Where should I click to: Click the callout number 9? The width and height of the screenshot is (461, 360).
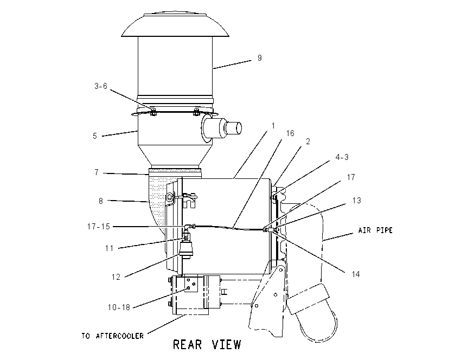pyautogui.click(x=259, y=58)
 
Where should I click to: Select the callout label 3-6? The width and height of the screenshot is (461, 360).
pyautogui.click(x=100, y=86)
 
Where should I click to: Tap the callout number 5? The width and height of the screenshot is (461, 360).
pyautogui.click(x=95, y=136)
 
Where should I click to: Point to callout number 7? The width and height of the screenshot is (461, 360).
pyautogui.click(x=97, y=172)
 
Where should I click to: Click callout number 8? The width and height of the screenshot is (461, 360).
pyautogui.click(x=100, y=201)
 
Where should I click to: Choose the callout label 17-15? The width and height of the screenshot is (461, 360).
pyautogui.click(x=99, y=227)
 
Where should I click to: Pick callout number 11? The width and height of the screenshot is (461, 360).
pyautogui.click(x=110, y=248)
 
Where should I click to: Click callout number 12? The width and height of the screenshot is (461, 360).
pyautogui.click(x=116, y=277)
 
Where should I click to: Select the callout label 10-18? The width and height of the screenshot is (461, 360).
pyautogui.click(x=119, y=307)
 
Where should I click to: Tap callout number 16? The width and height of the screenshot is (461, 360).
pyautogui.click(x=290, y=133)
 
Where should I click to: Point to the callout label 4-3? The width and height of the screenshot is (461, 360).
pyautogui.click(x=342, y=157)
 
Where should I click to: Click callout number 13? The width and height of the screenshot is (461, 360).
pyautogui.click(x=357, y=201)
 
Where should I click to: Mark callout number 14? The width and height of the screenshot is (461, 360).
pyautogui.click(x=356, y=274)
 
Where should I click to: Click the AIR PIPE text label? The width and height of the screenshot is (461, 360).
pyautogui.click(x=375, y=230)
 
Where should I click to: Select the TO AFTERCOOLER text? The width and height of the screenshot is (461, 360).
pyautogui.click(x=113, y=336)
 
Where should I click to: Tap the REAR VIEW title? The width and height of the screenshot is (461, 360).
pyautogui.click(x=207, y=344)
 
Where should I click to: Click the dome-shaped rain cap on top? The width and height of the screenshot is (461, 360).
pyautogui.click(x=175, y=25)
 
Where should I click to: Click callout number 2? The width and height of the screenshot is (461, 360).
pyautogui.click(x=308, y=142)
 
